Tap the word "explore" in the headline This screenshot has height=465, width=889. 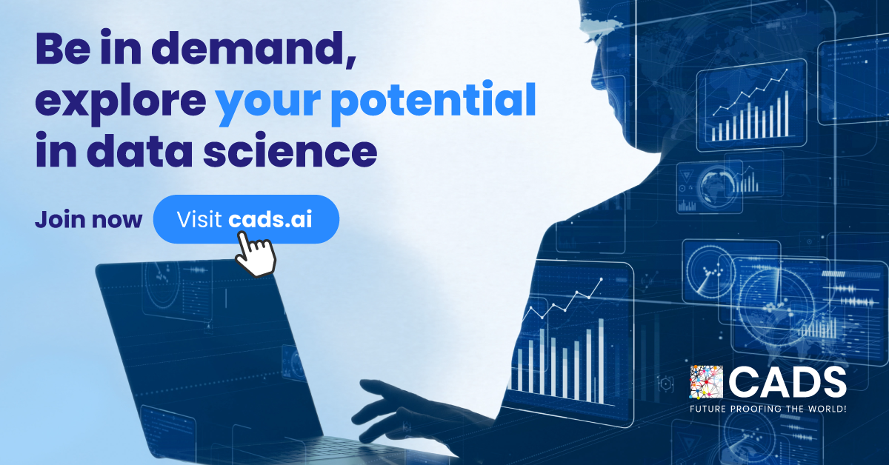click(119, 101)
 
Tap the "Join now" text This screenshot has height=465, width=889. click(88, 221)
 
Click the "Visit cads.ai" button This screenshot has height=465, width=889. click(246, 220)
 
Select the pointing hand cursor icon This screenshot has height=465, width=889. click(254, 252)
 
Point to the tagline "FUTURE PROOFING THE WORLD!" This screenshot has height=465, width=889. click(768, 409)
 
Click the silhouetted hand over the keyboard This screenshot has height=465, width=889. click(393, 404)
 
